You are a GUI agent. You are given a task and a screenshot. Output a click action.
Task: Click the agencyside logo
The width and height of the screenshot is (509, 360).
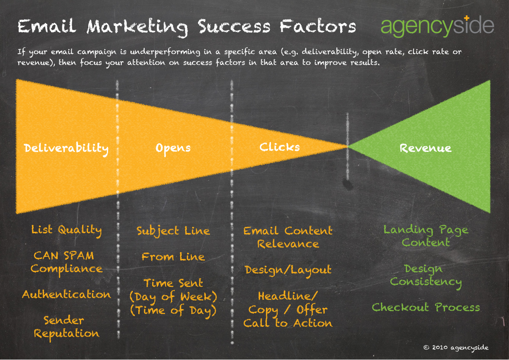tap(437, 26)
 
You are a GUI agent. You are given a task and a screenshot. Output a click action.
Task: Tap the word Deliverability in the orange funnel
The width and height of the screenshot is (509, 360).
tap(66, 149)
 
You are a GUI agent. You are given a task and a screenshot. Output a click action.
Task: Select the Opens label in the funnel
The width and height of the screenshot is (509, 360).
tap(173, 149)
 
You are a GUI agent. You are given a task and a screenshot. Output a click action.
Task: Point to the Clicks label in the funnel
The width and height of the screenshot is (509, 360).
tap(280, 147)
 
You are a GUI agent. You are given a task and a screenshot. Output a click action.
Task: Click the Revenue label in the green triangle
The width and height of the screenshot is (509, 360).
tap(425, 148)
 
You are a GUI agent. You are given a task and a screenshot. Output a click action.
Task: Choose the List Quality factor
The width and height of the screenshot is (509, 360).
tap(66, 231)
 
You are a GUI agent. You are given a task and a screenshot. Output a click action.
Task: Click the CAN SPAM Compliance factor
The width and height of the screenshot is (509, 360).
tap(66, 263)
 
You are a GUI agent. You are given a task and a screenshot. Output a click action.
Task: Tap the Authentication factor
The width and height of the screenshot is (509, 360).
tap(66, 294)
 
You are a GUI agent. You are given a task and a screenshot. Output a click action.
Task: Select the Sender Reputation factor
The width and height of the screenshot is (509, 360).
tap(66, 327)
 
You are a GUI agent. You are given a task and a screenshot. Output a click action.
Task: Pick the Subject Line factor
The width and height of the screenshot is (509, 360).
tap(173, 231)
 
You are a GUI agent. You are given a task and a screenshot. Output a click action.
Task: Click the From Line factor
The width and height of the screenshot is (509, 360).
tap(173, 257)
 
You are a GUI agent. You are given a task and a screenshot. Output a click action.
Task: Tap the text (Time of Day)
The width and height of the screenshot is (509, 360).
tap(173, 311)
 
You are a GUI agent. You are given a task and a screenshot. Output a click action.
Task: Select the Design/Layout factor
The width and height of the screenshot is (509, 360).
tap(288, 270)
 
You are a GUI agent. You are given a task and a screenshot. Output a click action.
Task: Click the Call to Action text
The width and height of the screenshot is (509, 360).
tap(288, 323)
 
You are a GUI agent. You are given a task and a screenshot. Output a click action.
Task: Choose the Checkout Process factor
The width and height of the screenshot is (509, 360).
tap(426, 307)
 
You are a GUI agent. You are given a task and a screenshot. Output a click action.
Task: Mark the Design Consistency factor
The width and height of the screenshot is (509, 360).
tap(426, 276)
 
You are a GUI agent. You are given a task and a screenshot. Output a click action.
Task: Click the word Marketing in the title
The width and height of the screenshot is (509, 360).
tap(137, 28)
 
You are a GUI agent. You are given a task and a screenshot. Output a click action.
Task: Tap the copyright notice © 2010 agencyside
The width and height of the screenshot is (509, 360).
tap(456, 348)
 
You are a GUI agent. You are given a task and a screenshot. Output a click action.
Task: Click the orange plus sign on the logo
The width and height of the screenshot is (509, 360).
tap(466, 18)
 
